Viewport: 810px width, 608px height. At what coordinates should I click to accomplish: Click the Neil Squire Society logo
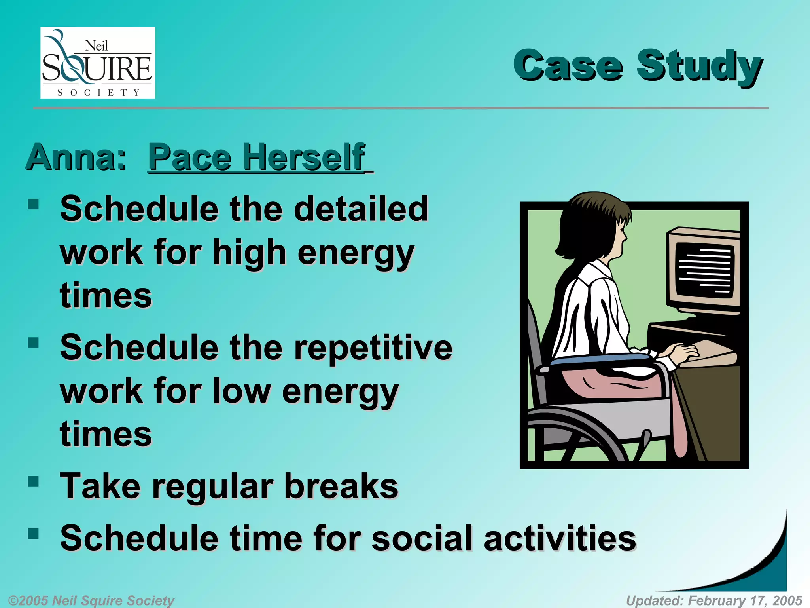pos(98,63)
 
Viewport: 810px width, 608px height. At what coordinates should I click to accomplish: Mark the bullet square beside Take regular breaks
pos(34,482)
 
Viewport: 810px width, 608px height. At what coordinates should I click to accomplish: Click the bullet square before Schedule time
pos(34,534)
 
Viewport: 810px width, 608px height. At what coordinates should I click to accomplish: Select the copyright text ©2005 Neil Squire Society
pos(91,600)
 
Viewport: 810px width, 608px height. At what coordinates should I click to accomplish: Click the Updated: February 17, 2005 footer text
pos(714,600)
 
